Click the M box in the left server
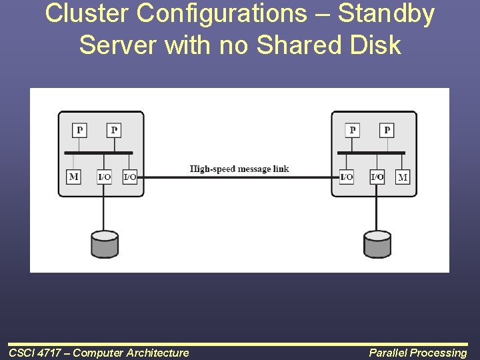[73, 177]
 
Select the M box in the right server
[403, 177]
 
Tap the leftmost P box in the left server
[80, 129]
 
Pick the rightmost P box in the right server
[387, 129]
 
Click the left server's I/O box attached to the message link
[129, 177]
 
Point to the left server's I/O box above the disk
[104, 177]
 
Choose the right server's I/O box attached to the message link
[347, 177]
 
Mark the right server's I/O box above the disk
[377, 177]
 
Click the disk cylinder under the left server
[104, 244]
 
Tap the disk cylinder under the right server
[377, 244]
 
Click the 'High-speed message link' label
[239, 169]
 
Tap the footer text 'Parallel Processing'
[418, 353]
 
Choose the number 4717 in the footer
[49, 353]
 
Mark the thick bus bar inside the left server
[99, 153]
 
